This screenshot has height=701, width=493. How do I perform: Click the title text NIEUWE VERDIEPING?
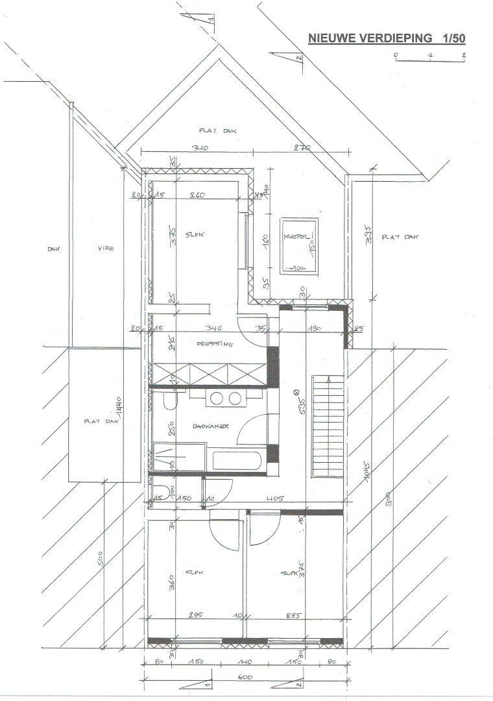pyautogui.click(x=370, y=39)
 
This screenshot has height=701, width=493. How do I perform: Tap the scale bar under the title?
pyautogui.click(x=430, y=60)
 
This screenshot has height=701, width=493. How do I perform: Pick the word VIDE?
pyautogui.click(x=106, y=248)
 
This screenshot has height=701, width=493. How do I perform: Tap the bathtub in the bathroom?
pyautogui.click(x=237, y=461)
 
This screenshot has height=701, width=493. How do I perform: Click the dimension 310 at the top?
pyautogui.click(x=199, y=149)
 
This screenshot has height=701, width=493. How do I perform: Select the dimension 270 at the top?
pyautogui.click(x=302, y=149)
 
